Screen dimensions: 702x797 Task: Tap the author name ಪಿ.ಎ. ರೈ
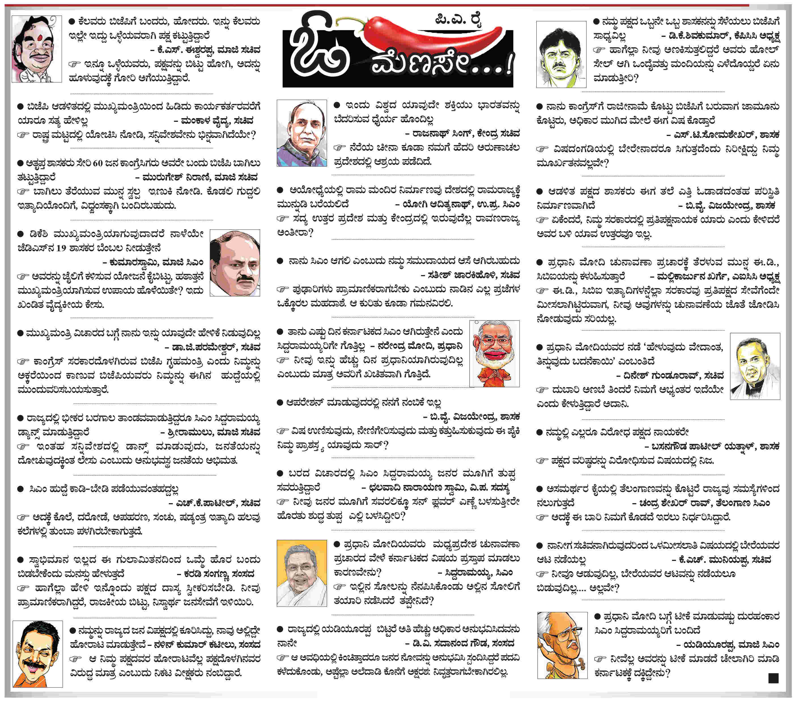(x=458, y=20)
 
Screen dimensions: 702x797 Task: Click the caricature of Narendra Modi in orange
(x=494, y=354)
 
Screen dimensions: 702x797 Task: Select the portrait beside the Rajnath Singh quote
(x=301, y=133)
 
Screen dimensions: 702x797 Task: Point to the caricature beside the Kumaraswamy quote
(x=234, y=263)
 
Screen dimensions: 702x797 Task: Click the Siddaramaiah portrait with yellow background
(x=301, y=573)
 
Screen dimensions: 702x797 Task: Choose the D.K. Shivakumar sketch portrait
(x=561, y=54)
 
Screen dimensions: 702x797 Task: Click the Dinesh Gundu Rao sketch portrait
(x=755, y=366)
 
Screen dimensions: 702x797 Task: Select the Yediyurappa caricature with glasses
(x=562, y=645)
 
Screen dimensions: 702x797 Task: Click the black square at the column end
(x=773, y=678)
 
